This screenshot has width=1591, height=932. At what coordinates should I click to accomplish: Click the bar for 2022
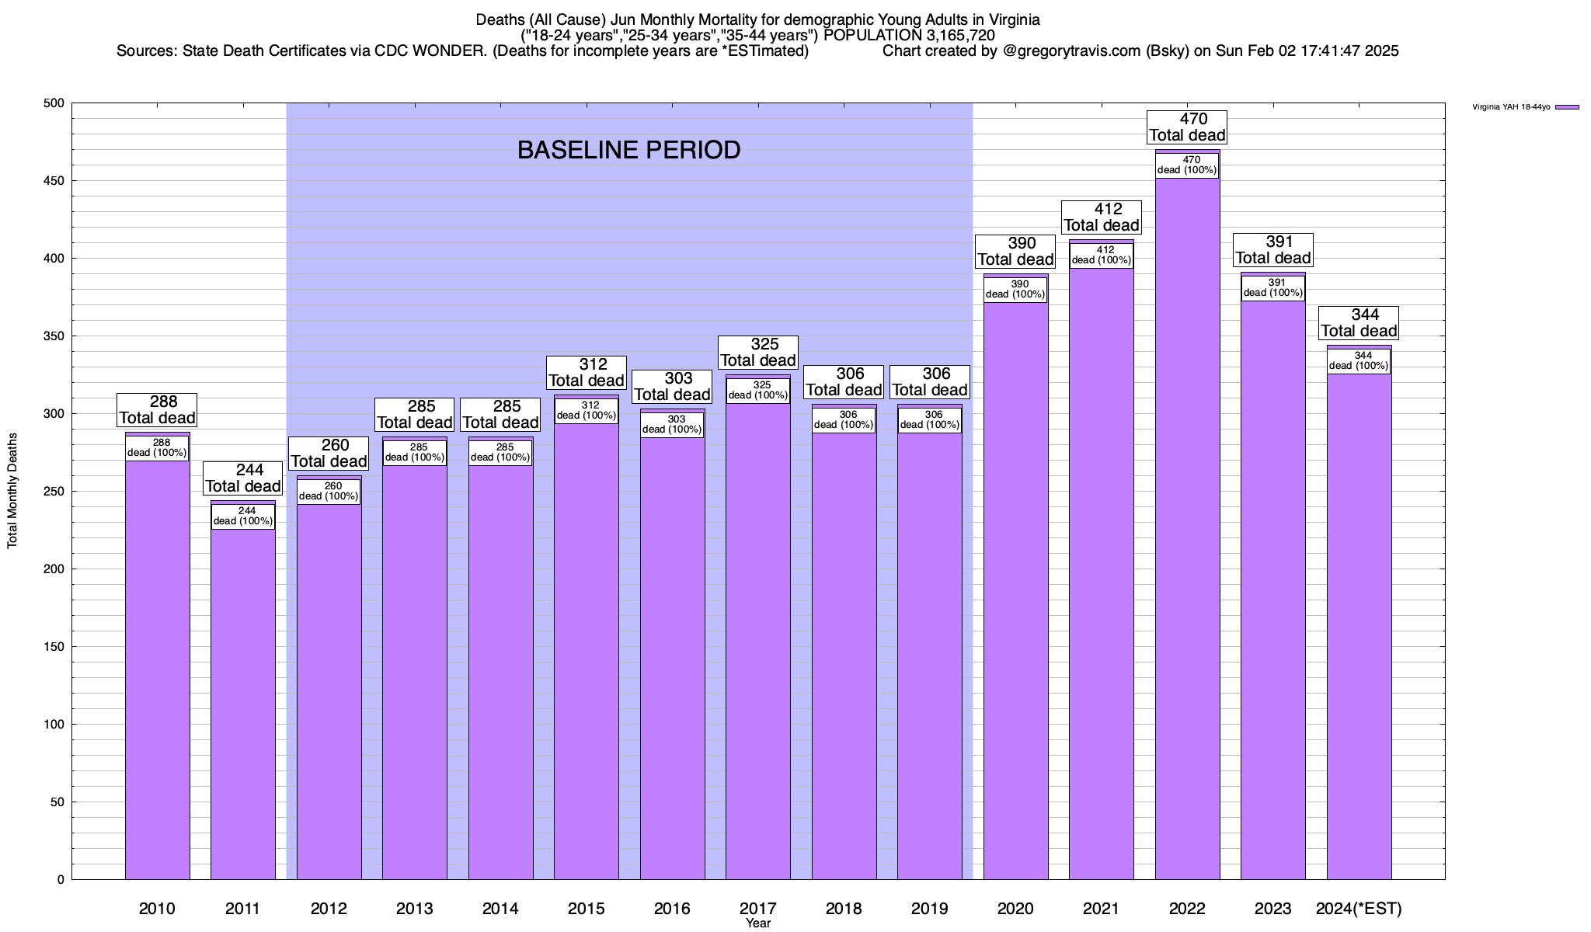point(1187,544)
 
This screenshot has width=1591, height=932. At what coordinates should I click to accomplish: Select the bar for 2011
point(243,699)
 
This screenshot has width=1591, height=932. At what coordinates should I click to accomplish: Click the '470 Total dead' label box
point(1187,127)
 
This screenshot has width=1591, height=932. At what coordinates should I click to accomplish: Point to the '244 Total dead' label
point(243,478)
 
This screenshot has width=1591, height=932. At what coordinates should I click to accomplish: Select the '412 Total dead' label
point(1102,217)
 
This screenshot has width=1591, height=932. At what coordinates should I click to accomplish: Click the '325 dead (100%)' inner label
point(758,390)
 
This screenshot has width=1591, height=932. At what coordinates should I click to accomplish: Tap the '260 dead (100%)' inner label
point(329,492)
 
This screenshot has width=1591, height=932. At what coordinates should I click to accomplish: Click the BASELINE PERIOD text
point(628,151)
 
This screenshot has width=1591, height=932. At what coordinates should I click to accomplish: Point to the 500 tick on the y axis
point(54,103)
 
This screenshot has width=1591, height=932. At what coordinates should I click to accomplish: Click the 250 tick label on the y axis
point(54,492)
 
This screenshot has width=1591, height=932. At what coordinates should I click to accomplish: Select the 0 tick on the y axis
point(61,880)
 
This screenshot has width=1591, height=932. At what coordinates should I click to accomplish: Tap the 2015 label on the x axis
point(587,909)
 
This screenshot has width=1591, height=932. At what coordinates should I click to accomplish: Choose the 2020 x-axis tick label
point(1015,909)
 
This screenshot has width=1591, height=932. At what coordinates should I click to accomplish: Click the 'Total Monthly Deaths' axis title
point(12,491)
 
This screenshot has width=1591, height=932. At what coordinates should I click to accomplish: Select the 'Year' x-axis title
point(758,923)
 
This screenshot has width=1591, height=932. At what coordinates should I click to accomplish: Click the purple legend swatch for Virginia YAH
point(1567,107)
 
